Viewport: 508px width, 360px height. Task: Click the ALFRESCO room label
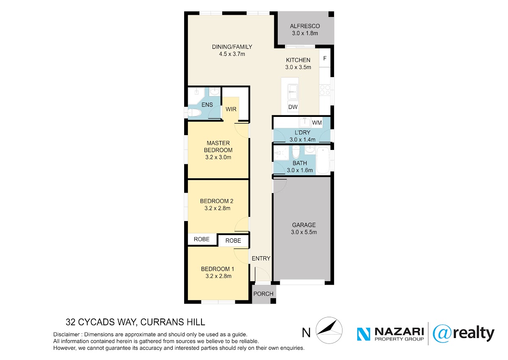[x=305, y=26]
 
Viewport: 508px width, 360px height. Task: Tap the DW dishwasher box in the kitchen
[x=293, y=107]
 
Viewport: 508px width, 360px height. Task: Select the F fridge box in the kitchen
[x=325, y=58]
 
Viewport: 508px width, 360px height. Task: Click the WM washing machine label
[x=317, y=123]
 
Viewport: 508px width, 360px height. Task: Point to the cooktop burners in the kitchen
[x=325, y=90]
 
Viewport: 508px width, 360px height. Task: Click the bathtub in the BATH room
[x=323, y=161]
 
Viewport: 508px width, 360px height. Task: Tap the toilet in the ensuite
[x=195, y=113]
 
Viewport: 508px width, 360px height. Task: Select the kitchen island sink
[x=293, y=92]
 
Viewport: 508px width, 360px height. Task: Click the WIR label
[x=231, y=109]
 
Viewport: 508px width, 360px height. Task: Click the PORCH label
[x=263, y=294]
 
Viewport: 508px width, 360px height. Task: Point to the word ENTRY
[x=261, y=258]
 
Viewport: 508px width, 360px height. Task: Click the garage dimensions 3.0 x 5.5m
[x=304, y=232]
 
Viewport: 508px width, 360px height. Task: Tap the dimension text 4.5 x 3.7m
[x=232, y=54]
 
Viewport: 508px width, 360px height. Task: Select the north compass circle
[x=329, y=330]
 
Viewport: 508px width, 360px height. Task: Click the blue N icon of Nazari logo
[x=364, y=334]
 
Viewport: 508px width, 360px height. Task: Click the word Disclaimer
[x=66, y=334]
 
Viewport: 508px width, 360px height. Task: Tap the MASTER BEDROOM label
[x=218, y=147]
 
